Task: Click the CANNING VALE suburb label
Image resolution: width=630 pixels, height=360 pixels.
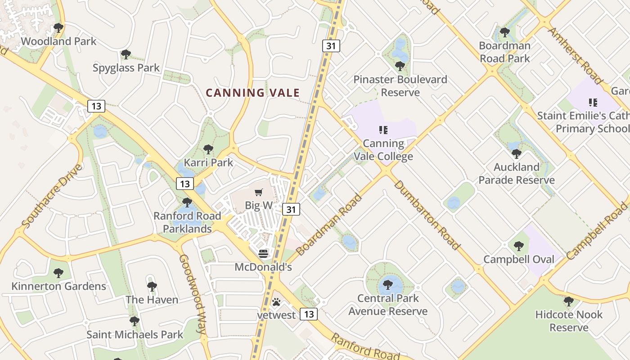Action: (x=252, y=93)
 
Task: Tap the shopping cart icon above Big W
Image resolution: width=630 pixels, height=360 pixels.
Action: (x=259, y=193)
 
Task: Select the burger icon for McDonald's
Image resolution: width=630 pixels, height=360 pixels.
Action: (x=263, y=254)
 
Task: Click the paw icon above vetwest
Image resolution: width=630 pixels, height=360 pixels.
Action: (x=276, y=302)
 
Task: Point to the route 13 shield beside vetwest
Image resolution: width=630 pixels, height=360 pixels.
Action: (x=308, y=314)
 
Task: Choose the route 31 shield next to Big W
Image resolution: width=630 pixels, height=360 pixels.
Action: (x=291, y=209)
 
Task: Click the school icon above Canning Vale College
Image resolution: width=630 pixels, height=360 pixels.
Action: (x=383, y=130)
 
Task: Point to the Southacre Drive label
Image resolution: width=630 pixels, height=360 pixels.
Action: (x=52, y=196)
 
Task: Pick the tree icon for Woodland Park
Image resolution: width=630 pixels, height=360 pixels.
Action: (x=58, y=28)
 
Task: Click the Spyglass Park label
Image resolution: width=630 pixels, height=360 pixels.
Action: (x=126, y=68)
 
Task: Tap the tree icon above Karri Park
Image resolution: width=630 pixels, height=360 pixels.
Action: (x=208, y=149)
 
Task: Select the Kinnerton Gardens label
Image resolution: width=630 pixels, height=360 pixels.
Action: (x=58, y=286)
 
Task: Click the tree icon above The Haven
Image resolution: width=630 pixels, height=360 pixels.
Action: (x=152, y=286)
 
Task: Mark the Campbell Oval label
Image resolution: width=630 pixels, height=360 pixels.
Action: (x=519, y=260)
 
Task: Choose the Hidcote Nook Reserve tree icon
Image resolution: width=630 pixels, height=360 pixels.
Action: (x=569, y=301)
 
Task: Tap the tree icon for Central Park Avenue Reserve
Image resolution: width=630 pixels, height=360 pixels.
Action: (x=387, y=285)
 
